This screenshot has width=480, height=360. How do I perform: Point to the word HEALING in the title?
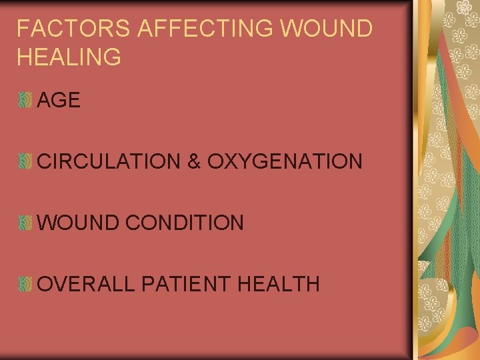(x=69, y=57)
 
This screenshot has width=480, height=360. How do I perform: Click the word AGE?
(x=59, y=101)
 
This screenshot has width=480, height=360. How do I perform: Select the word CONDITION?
(x=185, y=223)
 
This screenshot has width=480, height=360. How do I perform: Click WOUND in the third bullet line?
(x=79, y=223)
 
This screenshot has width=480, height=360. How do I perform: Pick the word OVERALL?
(x=87, y=284)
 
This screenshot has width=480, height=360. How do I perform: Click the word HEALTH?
(x=278, y=284)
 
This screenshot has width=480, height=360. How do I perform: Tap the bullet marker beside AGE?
(x=25, y=101)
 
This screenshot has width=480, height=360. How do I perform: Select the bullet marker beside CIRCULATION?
(x=25, y=161)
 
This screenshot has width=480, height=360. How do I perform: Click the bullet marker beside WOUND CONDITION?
(x=25, y=223)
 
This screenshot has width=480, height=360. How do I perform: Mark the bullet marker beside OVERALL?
(x=25, y=284)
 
